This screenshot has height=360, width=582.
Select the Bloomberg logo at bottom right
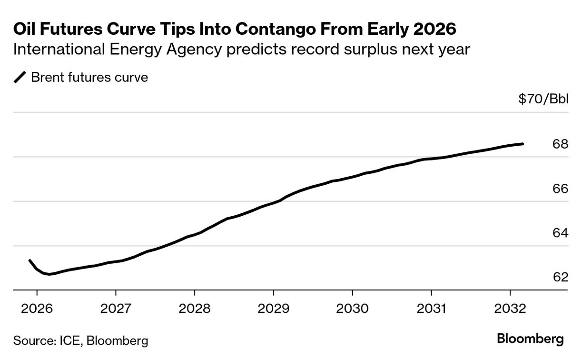click(x=530, y=339)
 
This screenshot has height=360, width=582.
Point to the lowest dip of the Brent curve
click(x=49, y=274)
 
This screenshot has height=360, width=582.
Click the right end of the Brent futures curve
click(x=523, y=144)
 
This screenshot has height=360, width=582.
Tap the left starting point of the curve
click(x=30, y=260)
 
